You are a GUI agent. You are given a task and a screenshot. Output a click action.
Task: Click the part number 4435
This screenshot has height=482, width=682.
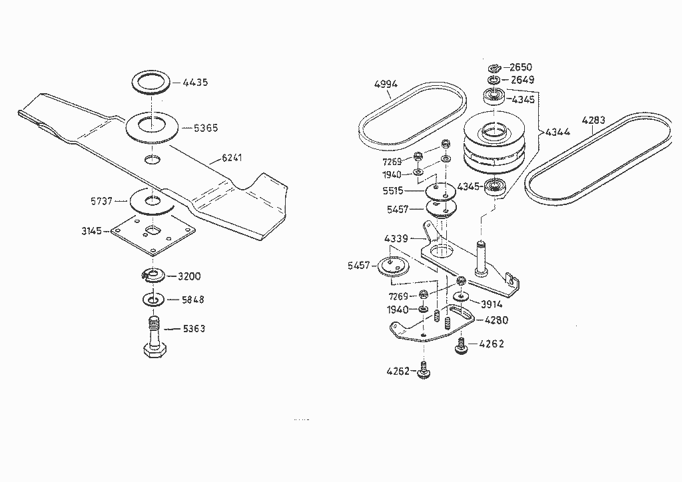(195, 83)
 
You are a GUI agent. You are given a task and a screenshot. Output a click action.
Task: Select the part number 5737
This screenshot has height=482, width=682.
(102, 200)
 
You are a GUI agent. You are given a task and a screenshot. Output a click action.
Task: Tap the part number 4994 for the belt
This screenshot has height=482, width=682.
(386, 84)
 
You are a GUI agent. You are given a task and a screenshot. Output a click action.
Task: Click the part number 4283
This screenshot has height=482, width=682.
(593, 120)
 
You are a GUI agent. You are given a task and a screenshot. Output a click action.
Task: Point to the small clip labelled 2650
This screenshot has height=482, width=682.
(494, 68)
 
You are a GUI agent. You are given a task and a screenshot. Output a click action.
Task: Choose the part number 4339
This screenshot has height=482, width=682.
(397, 238)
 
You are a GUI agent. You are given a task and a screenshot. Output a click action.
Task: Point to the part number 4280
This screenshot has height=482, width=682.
(496, 320)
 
